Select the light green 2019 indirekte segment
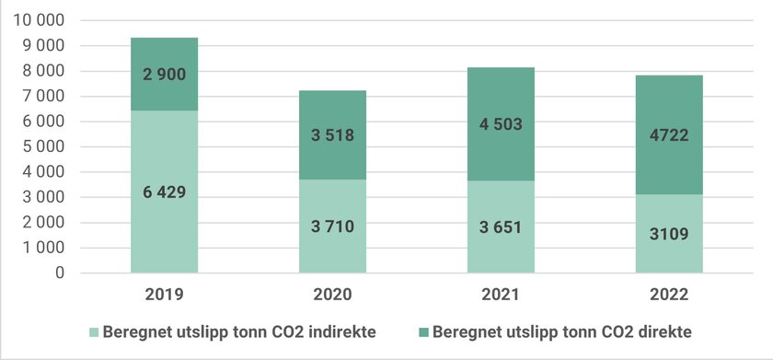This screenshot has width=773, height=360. pyautogui.click(x=165, y=230)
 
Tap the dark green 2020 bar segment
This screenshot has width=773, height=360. pyautogui.click(x=332, y=110)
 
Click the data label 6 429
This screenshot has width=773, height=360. pyautogui.click(x=165, y=192)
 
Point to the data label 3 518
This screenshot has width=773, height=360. pyautogui.click(x=332, y=135)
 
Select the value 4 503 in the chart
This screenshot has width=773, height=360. pyautogui.click(x=501, y=125)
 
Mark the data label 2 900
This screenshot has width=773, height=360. pyautogui.click(x=165, y=75)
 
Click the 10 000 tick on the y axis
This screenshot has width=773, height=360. pyautogui.click(x=40, y=20)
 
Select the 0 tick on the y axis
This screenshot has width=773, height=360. pyautogui.click(x=61, y=273)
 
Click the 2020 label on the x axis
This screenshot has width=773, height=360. pyautogui.click(x=332, y=296)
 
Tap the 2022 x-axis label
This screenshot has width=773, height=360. pyautogui.click(x=669, y=296)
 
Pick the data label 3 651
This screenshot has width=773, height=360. pyautogui.click(x=501, y=227)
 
